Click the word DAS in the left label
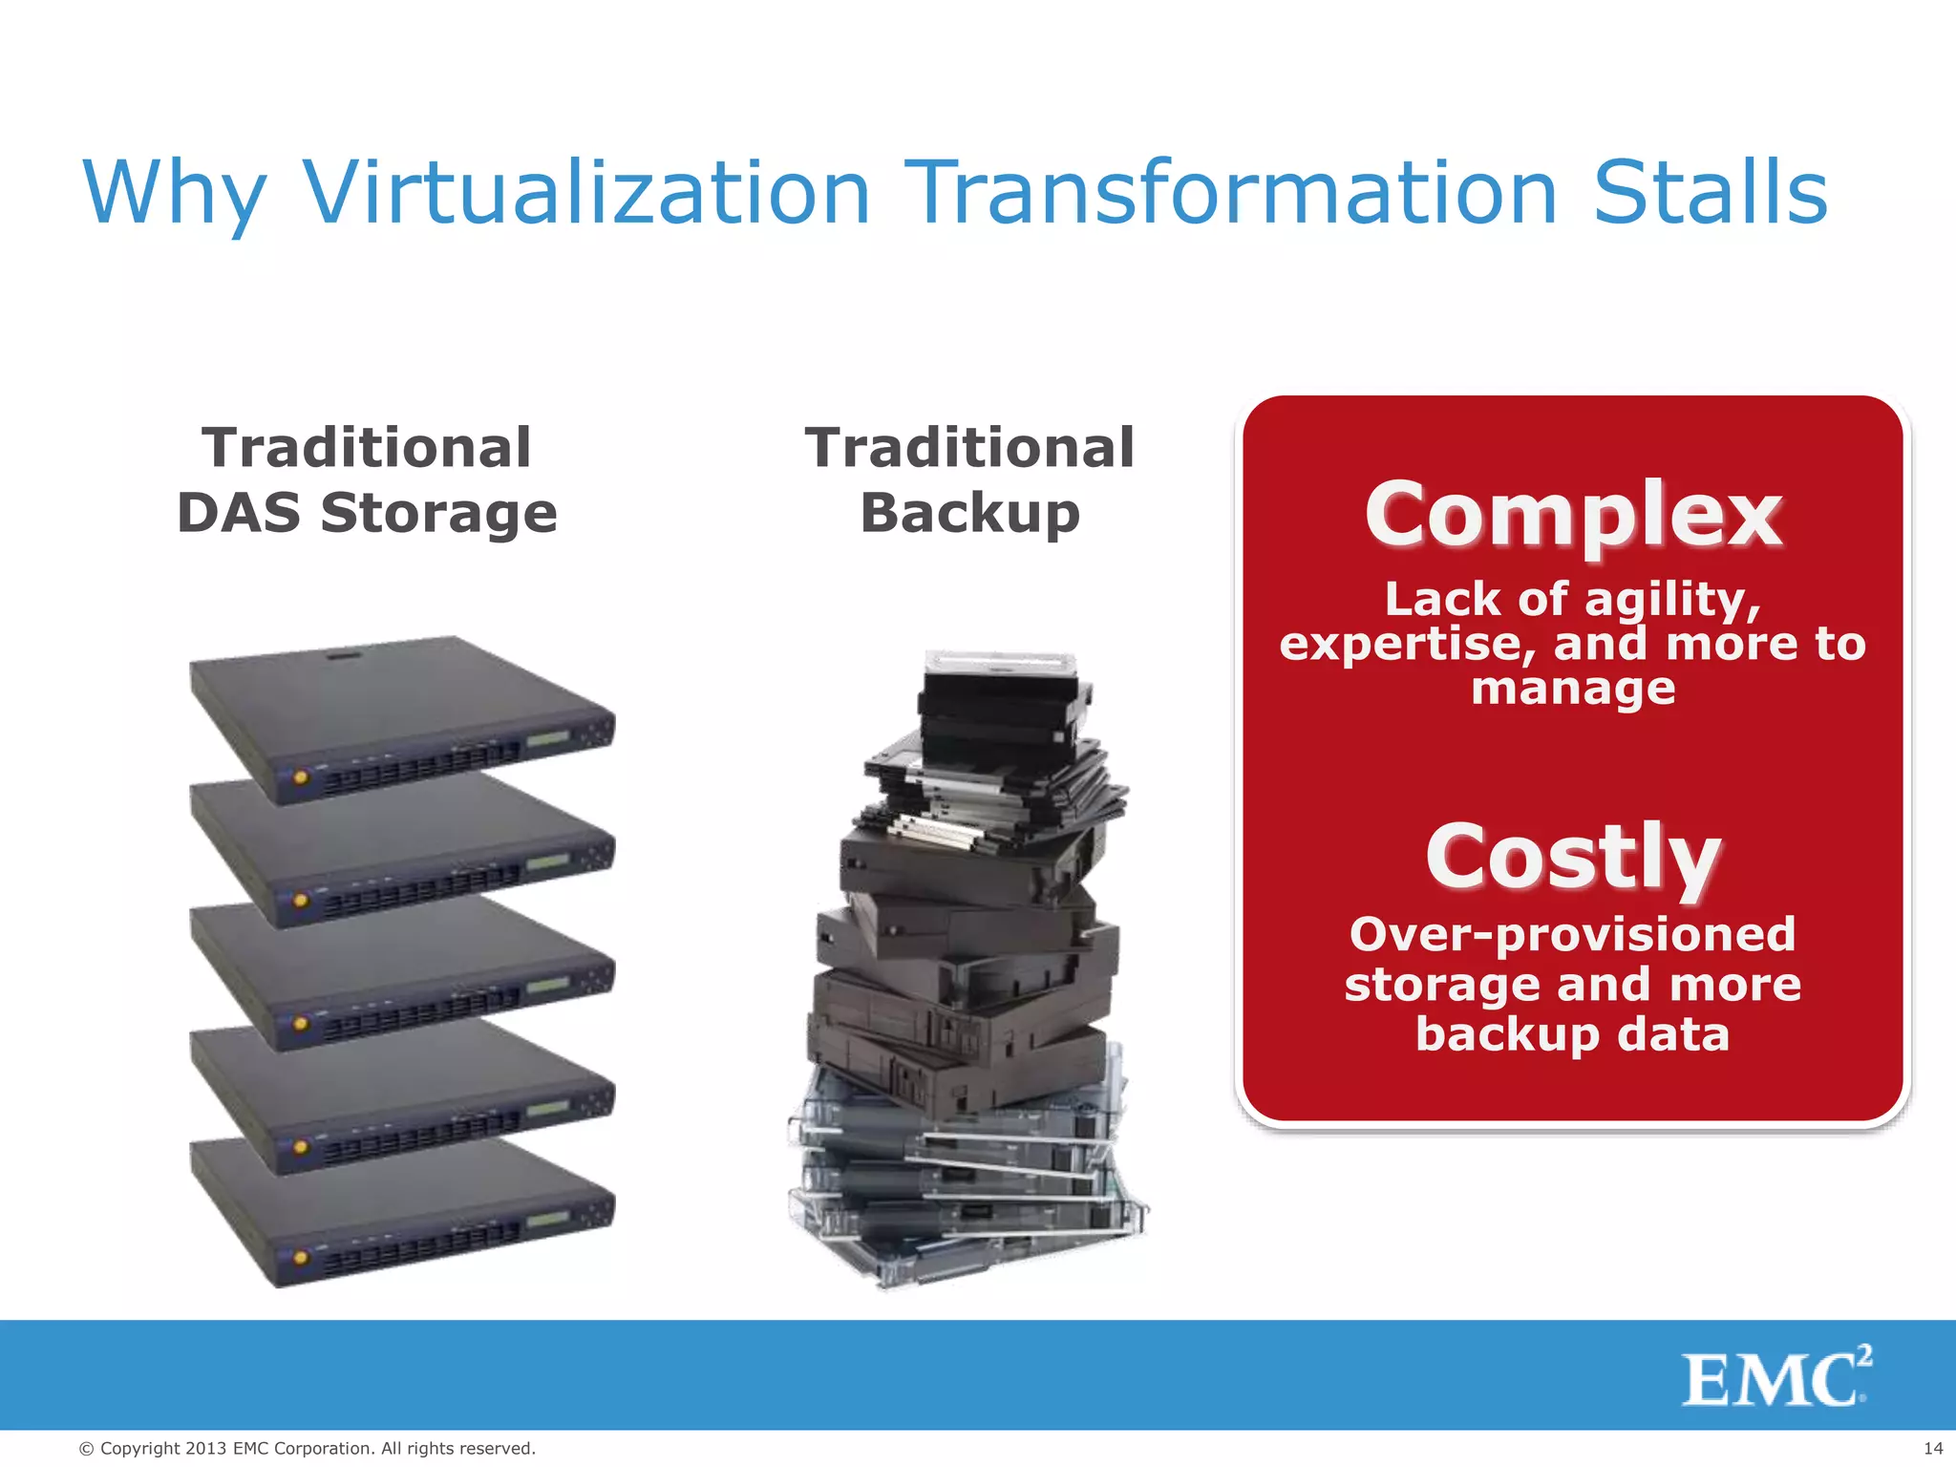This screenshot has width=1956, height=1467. [241, 513]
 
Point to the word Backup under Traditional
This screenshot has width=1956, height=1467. [969, 513]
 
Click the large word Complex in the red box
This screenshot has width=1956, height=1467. [1572, 515]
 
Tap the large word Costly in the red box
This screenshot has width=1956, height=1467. [1572, 857]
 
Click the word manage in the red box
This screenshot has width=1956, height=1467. [1572, 688]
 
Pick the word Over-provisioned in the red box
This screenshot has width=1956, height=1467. [1572, 934]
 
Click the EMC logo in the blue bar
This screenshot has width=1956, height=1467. [1775, 1377]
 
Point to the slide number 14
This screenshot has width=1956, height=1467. [1931, 1449]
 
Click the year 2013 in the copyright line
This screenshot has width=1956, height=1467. [206, 1449]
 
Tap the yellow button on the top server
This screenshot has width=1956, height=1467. [301, 776]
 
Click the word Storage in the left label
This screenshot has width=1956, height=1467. [438, 513]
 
